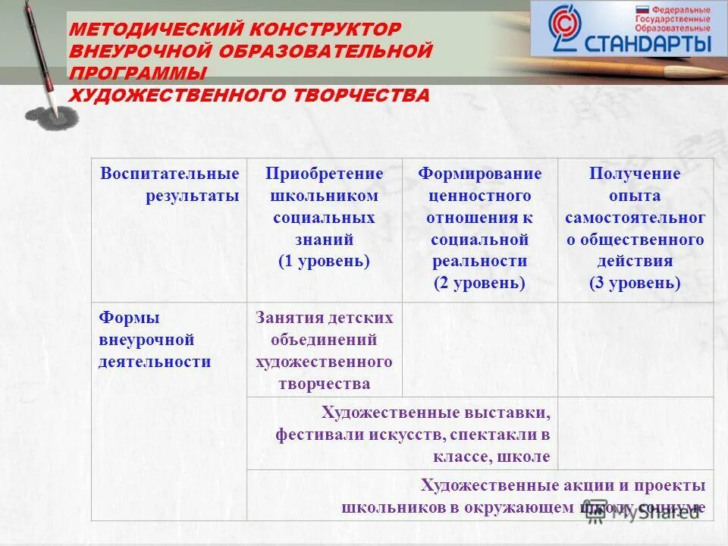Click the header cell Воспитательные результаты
click(x=170, y=184)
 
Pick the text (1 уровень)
click(x=324, y=262)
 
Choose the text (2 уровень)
click(x=479, y=284)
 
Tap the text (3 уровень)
click(x=635, y=284)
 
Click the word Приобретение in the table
click(x=324, y=174)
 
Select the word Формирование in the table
click(x=479, y=174)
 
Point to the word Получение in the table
click(x=635, y=174)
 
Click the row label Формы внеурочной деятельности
click(x=154, y=339)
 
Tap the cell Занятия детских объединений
click(x=324, y=350)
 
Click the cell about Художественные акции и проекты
click(x=523, y=496)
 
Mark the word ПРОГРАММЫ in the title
click(x=138, y=74)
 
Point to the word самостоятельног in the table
click(x=635, y=218)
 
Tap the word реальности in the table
click(x=479, y=262)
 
